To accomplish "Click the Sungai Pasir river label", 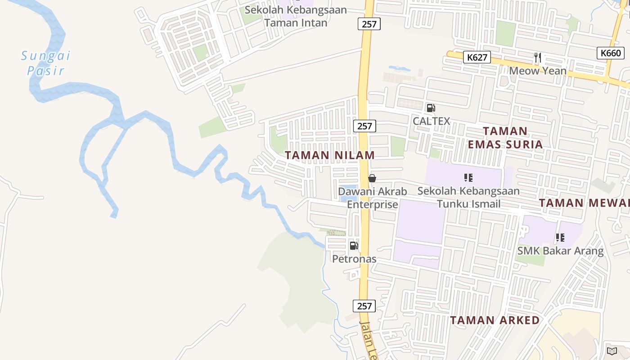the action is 45,63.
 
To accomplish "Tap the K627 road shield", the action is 477,57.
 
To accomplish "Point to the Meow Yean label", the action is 538,71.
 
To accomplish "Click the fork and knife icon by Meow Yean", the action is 537,57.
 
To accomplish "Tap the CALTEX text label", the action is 431,121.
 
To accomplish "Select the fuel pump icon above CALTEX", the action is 431,108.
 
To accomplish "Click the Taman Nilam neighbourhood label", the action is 330,155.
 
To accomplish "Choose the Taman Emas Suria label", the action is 505,138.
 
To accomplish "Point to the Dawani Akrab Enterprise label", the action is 373,198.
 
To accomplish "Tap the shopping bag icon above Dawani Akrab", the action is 372,178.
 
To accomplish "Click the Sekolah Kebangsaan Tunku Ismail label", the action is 468,197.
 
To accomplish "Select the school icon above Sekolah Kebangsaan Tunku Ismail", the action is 468,178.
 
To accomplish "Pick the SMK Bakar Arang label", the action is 560,251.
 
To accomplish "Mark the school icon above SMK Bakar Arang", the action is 560,237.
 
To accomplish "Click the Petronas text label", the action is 354,259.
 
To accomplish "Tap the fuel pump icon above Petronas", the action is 354,246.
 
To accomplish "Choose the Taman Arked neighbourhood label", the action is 495,320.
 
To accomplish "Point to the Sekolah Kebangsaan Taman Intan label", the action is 296,16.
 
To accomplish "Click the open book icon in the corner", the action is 612,351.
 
